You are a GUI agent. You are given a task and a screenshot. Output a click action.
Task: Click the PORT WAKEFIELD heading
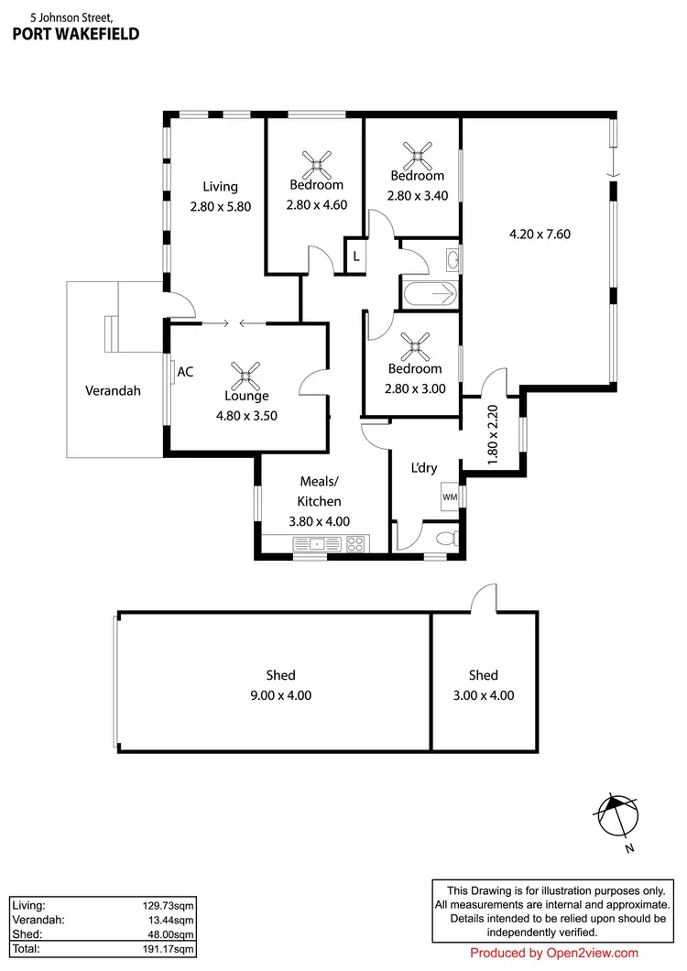coord(76,35)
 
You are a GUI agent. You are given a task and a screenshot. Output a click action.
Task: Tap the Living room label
coord(220,187)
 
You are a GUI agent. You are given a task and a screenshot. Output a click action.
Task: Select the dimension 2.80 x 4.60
coord(317,205)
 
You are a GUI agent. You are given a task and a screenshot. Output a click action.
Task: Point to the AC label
coord(185,372)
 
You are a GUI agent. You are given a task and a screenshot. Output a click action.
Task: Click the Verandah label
coord(113,390)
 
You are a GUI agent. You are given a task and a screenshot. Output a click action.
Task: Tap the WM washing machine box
coord(450,496)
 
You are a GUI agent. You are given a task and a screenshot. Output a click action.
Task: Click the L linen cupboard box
coord(356,256)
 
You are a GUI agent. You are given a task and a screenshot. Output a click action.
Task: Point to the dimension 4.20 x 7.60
coord(540,234)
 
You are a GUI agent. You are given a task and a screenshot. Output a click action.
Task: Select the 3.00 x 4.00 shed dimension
coord(484,695)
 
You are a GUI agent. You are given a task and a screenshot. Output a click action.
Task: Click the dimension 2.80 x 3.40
coord(418,195)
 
